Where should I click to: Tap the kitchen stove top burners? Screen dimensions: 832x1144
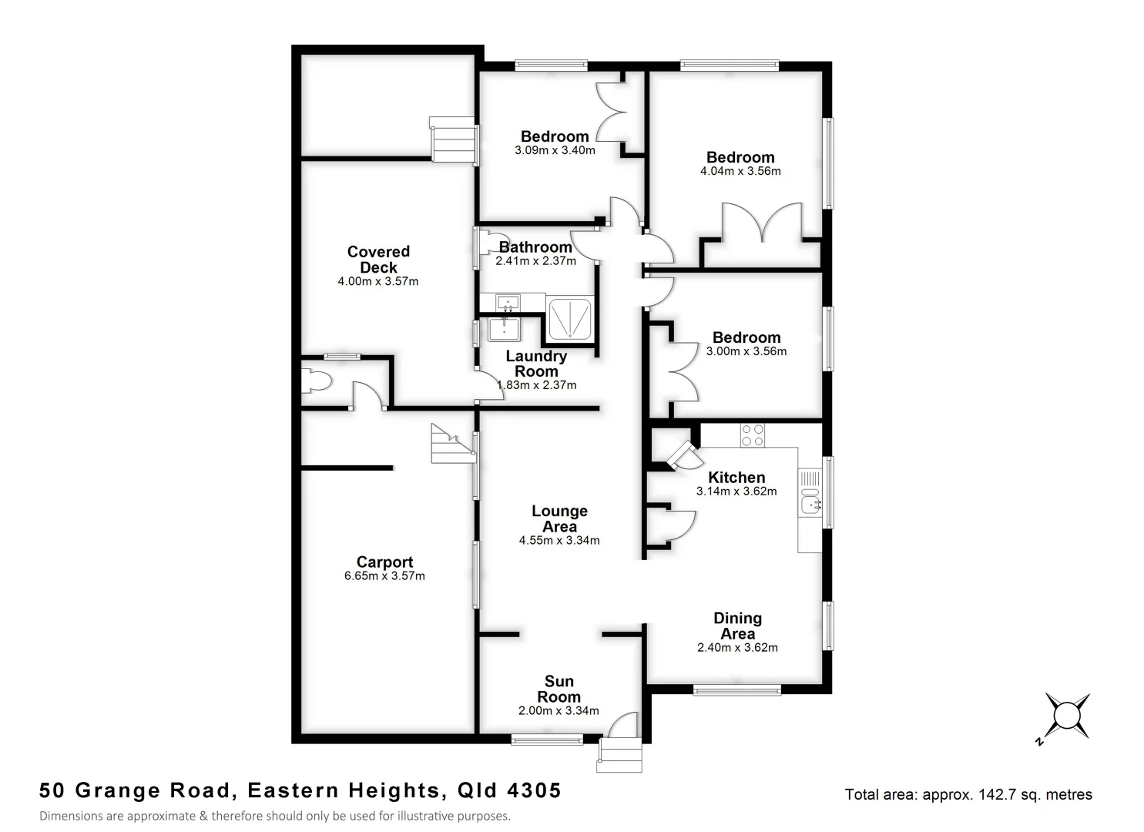[752, 435]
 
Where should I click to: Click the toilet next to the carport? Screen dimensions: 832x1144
[317, 381]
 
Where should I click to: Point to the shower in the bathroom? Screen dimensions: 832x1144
[569, 319]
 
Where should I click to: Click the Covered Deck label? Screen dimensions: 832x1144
[378, 260]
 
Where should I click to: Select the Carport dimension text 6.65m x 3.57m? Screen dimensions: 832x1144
[384, 576]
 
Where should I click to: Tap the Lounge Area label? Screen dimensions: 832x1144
[559, 519]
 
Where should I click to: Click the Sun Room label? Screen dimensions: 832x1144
[559, 689]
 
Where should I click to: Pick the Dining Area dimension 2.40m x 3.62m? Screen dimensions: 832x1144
[737, 648]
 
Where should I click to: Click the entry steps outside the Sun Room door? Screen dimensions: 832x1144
[620, 755]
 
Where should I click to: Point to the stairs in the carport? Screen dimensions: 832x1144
[451, 445]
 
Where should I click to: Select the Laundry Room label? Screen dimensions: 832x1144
[536, 364]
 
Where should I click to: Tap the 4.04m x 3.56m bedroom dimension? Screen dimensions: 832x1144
[740, 171]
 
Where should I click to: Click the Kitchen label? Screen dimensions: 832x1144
[736, 478]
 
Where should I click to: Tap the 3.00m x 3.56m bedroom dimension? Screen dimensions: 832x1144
[746, 351]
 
